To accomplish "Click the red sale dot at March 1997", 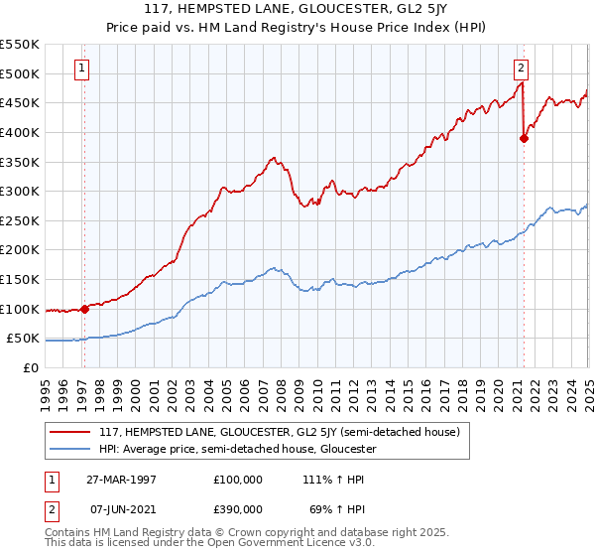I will pos(84,308).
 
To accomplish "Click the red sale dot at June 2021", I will pos(524,138).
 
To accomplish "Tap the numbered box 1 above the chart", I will pos(80,69).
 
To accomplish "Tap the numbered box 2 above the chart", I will pos(521,69).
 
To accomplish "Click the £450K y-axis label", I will pos(20,102).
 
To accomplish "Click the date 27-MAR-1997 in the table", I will pos(122,479).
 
